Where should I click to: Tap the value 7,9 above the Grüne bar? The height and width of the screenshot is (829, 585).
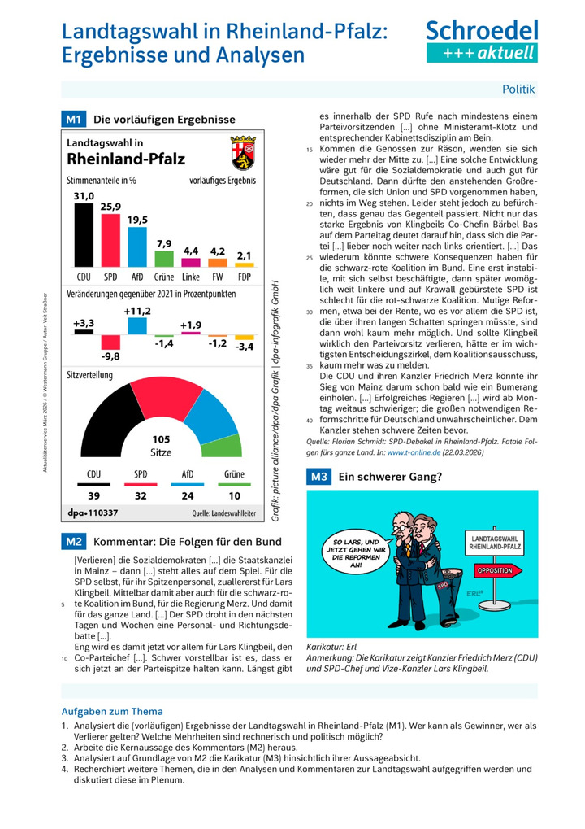click(164, 243)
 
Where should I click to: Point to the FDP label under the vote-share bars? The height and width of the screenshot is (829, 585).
click(245, 276)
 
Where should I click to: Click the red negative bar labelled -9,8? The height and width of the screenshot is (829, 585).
click(110, 343)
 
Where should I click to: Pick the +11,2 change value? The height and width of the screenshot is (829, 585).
click(137, 310)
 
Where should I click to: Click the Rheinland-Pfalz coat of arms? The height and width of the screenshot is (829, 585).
click(244, 152)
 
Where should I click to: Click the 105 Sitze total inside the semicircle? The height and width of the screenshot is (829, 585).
click(162, 446)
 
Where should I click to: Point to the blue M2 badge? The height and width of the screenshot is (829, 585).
click(74, 541)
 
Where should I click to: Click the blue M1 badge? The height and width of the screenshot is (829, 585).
click(74, 120)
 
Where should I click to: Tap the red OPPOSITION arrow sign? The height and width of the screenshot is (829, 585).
click(492, 570)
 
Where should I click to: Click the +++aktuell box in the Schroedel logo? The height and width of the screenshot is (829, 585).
click(482, 52)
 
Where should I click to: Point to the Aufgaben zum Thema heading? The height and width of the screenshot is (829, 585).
click(112, 711)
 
